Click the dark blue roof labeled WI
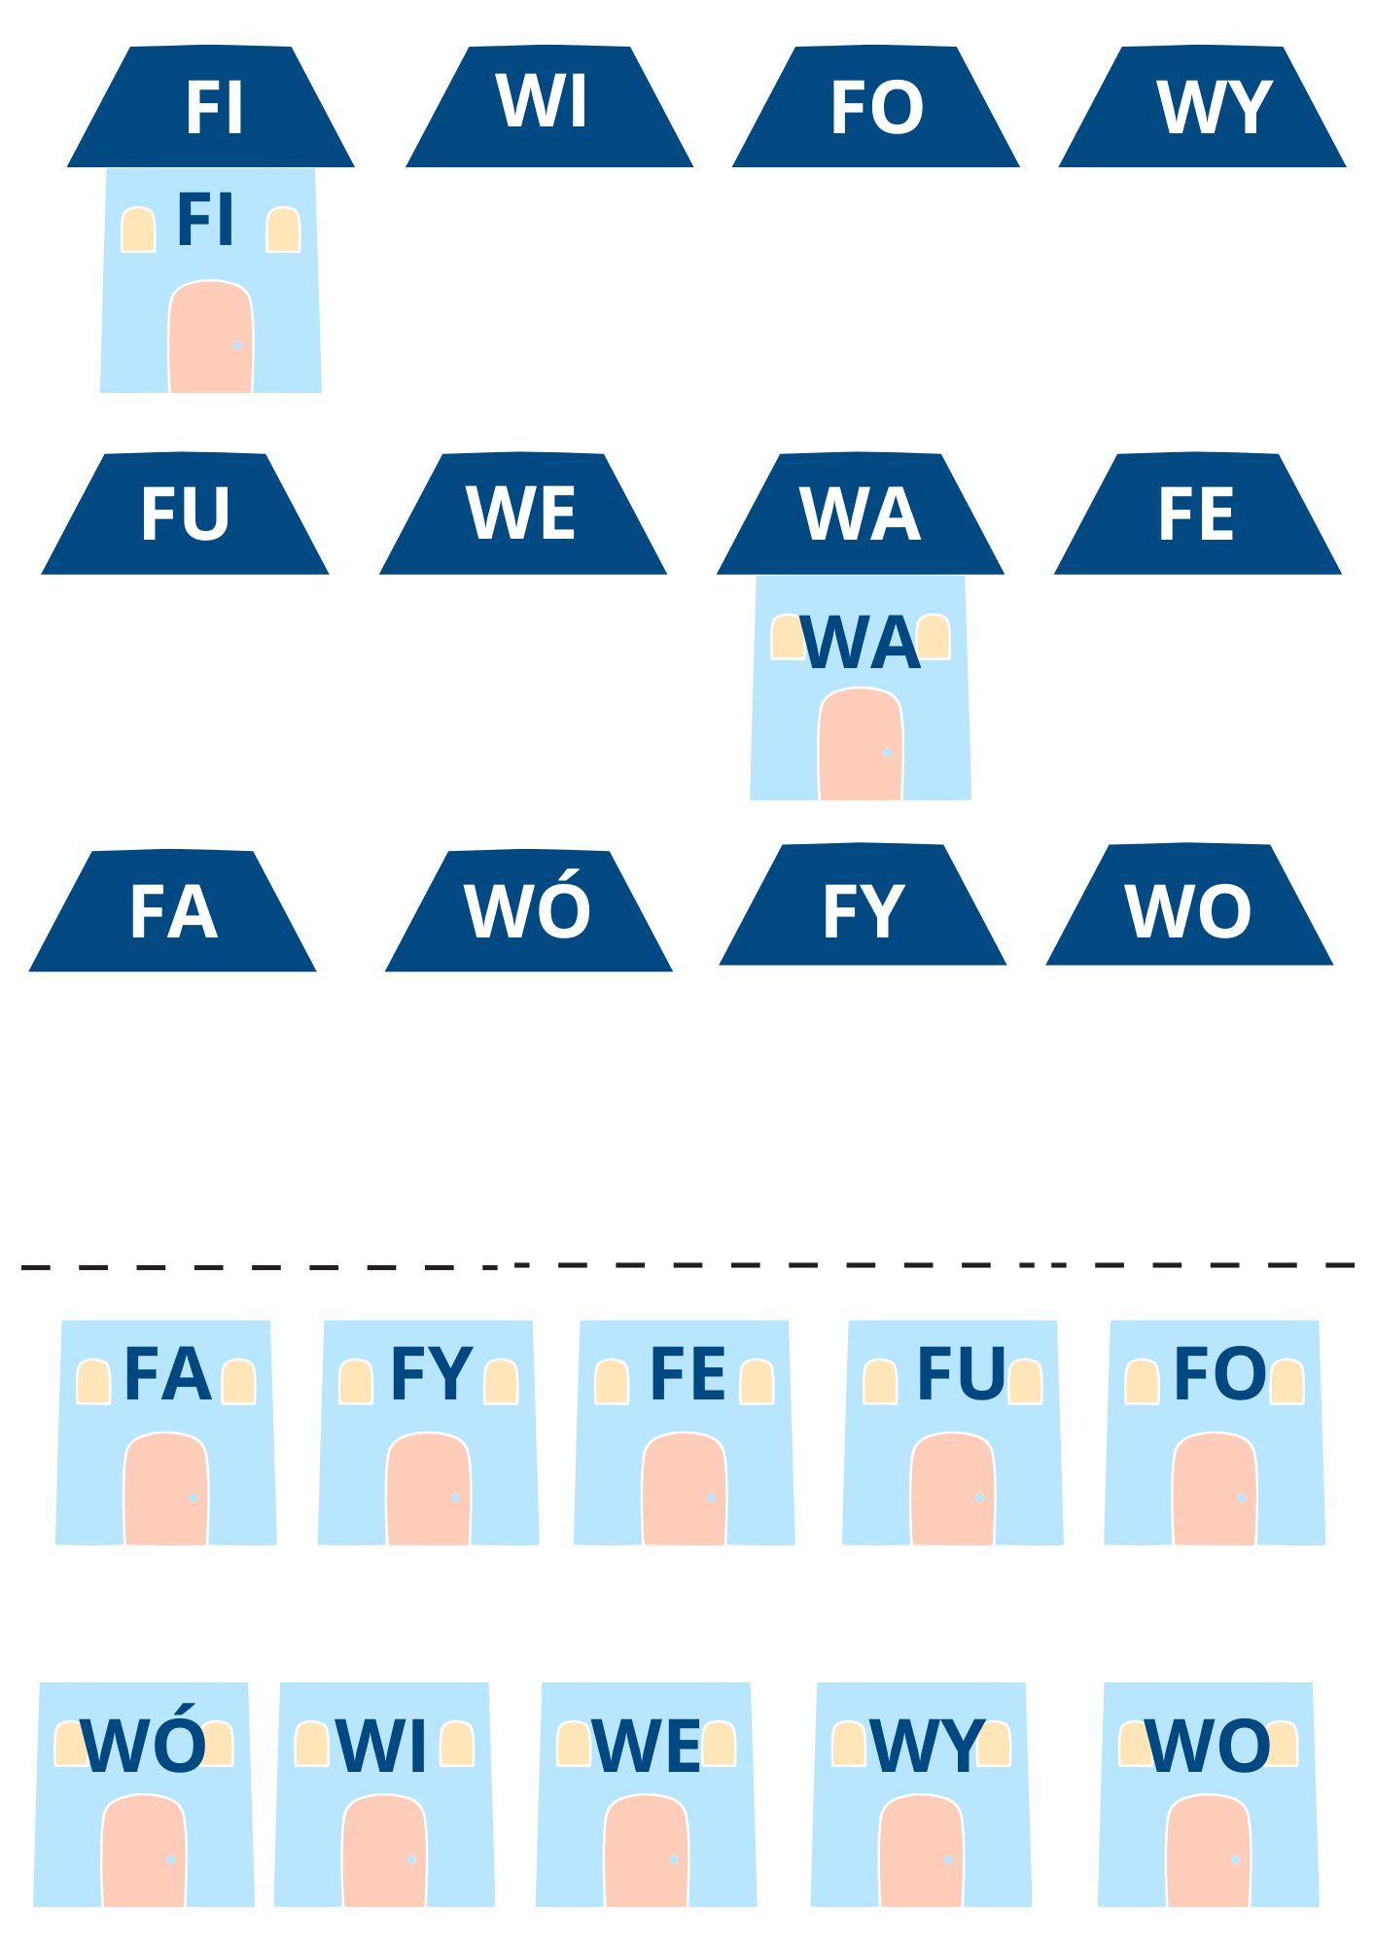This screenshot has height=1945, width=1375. pos(548,107)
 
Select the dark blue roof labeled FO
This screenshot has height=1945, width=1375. pos(875,107)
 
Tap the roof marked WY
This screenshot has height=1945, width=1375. pos(1202,107)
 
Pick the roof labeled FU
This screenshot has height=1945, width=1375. pos(185,514)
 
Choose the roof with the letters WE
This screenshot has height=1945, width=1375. pos(522,514)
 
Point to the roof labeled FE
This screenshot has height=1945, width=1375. pos(1197,514)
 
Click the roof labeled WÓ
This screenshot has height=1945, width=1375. pos(528,911)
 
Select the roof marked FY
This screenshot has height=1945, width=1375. pos(863,905)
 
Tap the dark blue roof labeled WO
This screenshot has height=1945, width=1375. pos(1188,905)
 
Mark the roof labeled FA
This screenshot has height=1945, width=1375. pos(172,911)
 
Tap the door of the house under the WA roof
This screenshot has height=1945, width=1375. pos(861,746)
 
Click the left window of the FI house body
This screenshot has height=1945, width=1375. pos(138,230)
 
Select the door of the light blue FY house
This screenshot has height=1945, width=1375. pos(428,1490)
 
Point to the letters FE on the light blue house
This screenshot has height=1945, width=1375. pos(687,1374)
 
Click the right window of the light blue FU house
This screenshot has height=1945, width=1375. pos(1025,1382)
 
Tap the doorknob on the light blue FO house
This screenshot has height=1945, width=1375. pos(1242,1498)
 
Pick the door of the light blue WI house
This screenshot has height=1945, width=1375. pos(384,1852)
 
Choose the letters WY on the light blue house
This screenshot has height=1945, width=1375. pos(927,1747)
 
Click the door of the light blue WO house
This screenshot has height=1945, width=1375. pos(1208,1852)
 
